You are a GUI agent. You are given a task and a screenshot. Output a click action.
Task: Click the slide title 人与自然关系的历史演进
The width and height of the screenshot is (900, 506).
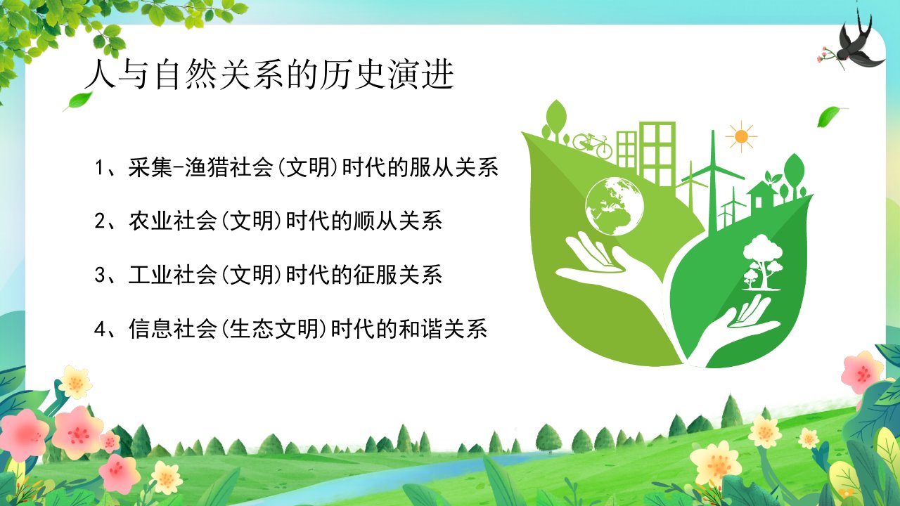pos(269,74)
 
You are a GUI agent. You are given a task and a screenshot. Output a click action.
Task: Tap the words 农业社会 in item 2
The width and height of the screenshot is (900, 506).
pos(173,221)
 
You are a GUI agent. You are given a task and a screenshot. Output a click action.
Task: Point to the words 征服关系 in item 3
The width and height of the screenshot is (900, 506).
pos(398,275)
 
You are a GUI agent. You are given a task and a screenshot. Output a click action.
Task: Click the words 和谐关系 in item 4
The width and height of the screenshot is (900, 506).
pos(443,329)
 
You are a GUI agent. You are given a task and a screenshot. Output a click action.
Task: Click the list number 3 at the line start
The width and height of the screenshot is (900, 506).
pos(99,275)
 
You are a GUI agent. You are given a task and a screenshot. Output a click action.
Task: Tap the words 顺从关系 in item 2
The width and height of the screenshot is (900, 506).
pos(398,221)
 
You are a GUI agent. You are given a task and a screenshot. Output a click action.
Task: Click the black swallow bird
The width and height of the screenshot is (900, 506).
pos(856,44)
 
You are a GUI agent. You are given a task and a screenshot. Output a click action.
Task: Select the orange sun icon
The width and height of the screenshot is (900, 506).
pos(741,136)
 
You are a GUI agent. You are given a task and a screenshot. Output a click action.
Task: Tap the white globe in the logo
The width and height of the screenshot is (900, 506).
pos(615,207)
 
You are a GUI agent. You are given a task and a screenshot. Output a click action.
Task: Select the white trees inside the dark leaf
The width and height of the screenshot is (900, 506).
pos(762,262)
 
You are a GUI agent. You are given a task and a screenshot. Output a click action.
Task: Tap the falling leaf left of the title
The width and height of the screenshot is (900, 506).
pos(78,100)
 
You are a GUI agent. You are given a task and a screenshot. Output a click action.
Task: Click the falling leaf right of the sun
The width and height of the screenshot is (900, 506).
pos(831,116)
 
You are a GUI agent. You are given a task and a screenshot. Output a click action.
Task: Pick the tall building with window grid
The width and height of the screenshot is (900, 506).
pos(657,154)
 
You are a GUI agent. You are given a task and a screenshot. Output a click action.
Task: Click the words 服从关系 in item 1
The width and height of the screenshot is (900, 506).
pos(454,167)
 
